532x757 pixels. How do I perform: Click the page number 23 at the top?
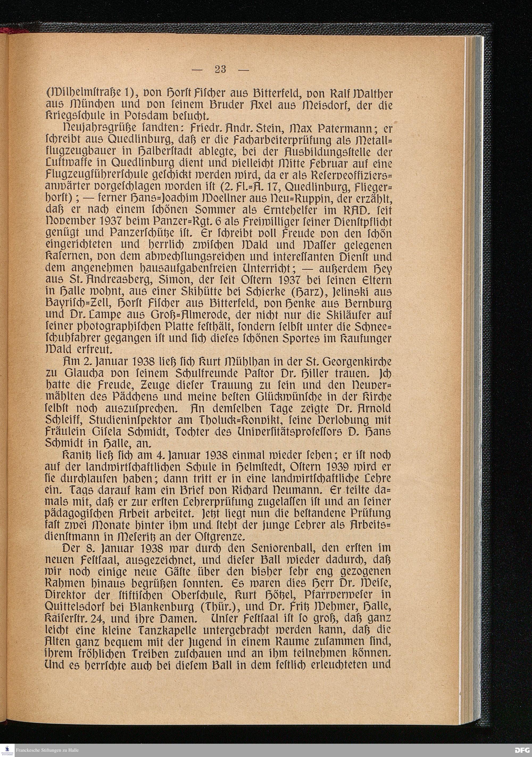tap(220, 69)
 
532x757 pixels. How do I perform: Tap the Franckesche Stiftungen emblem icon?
tap(6, 750)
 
